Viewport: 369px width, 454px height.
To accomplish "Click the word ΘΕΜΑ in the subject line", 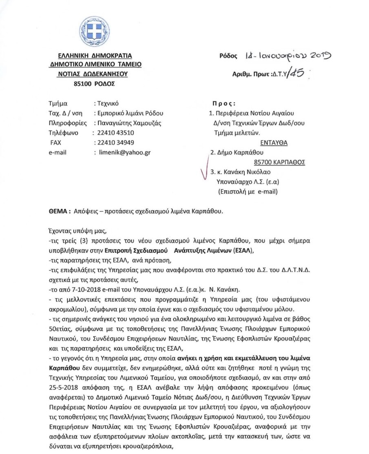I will click(57, 211).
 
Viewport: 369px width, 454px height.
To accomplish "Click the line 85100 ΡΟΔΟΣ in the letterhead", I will click(94, 84).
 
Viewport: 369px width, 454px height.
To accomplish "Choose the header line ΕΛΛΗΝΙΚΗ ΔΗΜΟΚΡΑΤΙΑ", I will click(95, 56).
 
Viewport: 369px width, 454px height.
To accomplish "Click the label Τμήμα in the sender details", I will click(57, 103).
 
